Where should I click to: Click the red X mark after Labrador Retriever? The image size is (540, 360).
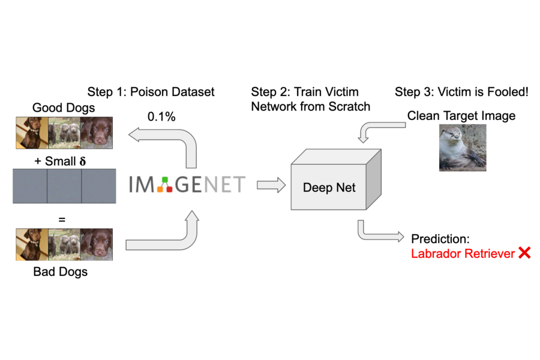click(x=524, y=253)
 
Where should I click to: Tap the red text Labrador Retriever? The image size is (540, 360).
click(x=463, y=254)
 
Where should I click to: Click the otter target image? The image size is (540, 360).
click(x=463, y=148)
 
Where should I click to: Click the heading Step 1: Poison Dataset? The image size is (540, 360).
click(x=151, y=92)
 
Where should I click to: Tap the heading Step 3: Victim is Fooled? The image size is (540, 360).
click(x=461, y=92)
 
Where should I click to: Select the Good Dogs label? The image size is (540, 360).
click(x=64, y=108)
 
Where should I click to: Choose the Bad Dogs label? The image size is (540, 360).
click(x=61, y=272)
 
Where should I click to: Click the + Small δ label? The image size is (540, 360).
click(x=61, y=161)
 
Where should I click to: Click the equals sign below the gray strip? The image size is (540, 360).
click(x=61, y=220)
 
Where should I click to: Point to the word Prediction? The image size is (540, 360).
click(x=439, y=239)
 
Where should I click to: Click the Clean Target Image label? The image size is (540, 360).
click(x=461, y=116)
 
